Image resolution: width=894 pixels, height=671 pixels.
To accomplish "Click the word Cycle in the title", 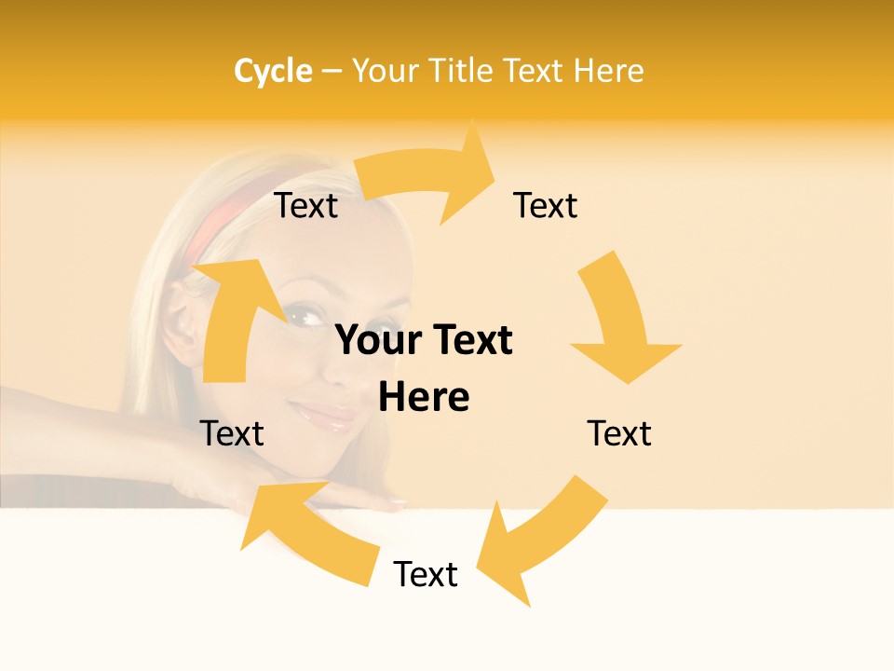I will (273, 71).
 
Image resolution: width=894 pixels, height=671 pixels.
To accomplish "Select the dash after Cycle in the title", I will (332, 71).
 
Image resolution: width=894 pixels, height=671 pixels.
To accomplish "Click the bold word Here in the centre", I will (424, 397).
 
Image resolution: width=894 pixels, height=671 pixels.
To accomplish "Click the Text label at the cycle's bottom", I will (426, 574).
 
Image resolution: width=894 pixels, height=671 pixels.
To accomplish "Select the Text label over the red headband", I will (306, 206).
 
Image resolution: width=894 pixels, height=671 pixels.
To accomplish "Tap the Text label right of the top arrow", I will (546, 206).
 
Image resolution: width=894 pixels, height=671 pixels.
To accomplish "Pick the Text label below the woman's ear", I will (232, 433).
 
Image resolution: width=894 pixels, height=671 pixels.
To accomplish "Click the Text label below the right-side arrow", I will (619, 433).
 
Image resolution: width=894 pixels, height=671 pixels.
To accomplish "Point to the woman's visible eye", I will (301, 317).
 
